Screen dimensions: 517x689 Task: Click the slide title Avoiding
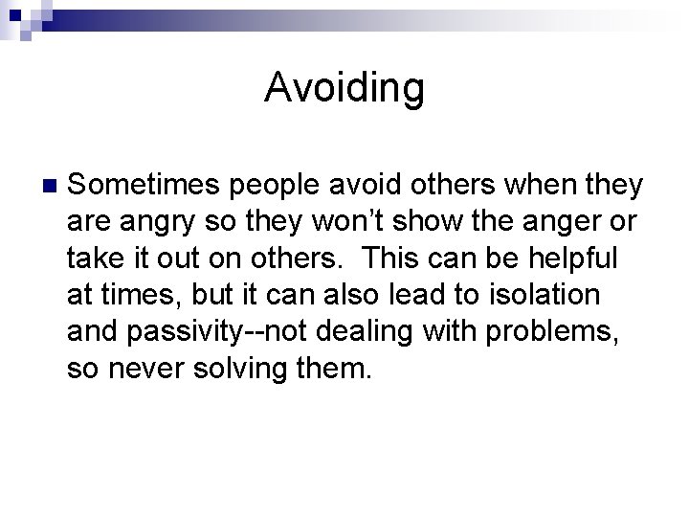(x=344, y=88)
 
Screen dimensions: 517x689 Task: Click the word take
(x=93, y=259)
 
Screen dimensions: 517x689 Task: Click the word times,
(x=139, y=296)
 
